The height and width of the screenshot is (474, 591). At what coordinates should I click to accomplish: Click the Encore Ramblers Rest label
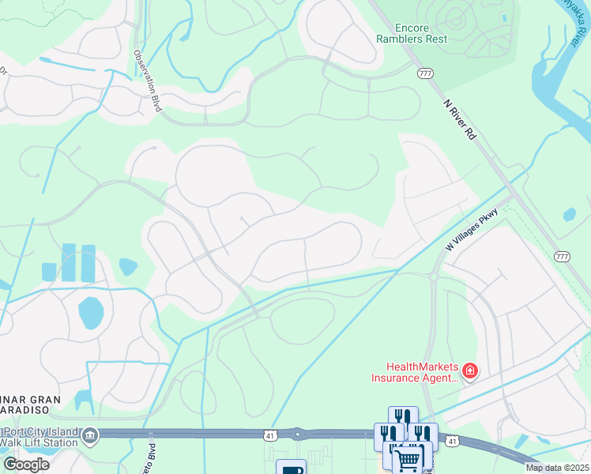(411, 32)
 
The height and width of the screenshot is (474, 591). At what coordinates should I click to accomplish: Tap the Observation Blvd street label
(147, 81)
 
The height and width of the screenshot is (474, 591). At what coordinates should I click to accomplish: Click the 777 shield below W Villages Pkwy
(562, 257)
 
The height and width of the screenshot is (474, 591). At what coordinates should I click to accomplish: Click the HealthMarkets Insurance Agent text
(416, 371)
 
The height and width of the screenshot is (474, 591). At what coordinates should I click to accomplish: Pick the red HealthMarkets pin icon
(470, 371)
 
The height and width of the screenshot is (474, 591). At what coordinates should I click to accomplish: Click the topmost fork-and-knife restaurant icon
(403, 417)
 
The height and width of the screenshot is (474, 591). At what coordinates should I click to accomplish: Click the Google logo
(26, 465)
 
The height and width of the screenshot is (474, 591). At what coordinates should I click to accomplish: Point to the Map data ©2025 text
(557, 468)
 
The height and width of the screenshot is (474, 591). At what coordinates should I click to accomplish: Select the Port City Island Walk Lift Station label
(40, 436)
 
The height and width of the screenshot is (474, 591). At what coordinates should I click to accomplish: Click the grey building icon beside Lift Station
(90, 434)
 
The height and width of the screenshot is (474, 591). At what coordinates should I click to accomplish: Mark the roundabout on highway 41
(298, 434)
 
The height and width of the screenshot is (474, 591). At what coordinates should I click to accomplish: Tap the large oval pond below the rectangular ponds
(91, 314)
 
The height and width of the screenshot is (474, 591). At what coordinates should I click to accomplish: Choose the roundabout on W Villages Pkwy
(434, 276)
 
